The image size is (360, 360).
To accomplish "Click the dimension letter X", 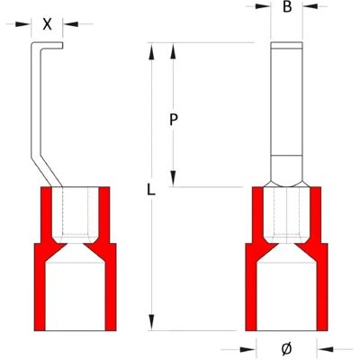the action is (x=47, y=24).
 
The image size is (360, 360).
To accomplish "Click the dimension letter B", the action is (x=287, y=7).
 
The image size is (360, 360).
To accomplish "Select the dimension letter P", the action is (x=174, y=121).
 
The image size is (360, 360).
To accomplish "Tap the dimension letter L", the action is (x=151, y=190).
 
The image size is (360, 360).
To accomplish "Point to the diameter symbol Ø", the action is (x=287, y=349).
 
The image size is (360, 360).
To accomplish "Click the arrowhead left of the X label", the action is (x=23, y=24).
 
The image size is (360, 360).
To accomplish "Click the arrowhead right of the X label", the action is (x=70, y=24).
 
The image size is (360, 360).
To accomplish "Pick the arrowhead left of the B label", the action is (x=263, y=5).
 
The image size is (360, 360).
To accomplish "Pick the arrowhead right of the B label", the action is (x=310, y=5).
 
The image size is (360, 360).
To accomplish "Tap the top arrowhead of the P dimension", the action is (x=173, y=50).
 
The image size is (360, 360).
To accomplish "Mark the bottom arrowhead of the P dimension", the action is (x=173, y=179).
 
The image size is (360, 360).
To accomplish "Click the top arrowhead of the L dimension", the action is (x=152, y=50).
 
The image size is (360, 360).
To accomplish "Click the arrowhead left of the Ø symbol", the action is (x=248, y=349).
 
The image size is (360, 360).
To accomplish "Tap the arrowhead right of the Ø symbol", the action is (x=325, y=349).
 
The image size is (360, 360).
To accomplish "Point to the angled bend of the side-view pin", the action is (x=46, y=170).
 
